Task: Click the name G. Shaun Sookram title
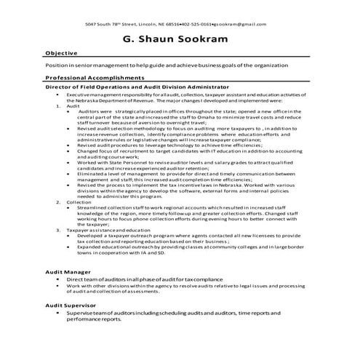180,38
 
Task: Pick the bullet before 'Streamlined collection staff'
70,207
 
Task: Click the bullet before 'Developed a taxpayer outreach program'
70,236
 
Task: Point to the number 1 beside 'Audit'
57,105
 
